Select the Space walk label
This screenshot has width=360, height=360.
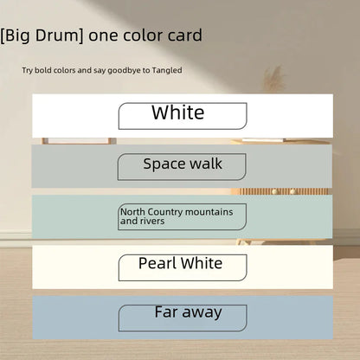(183, 165)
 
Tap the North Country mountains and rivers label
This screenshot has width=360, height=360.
(183, 216)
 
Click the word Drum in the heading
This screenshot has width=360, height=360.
(60, 35)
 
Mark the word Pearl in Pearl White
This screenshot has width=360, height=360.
(157, 263)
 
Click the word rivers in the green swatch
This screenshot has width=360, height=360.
(154, 222)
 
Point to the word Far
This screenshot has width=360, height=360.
(167, 312)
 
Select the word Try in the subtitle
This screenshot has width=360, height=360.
(29, 70)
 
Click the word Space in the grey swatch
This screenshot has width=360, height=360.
(163, 163)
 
